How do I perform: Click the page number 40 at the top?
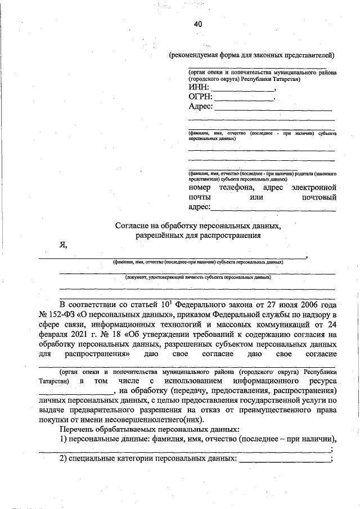pos(197,24)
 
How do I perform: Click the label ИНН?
pos(199,88)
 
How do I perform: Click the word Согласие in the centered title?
pos(132,226)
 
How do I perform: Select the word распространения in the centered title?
pos(229,236)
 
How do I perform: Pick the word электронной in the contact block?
pos(312,187)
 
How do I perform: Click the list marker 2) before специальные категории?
pos(64,460)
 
